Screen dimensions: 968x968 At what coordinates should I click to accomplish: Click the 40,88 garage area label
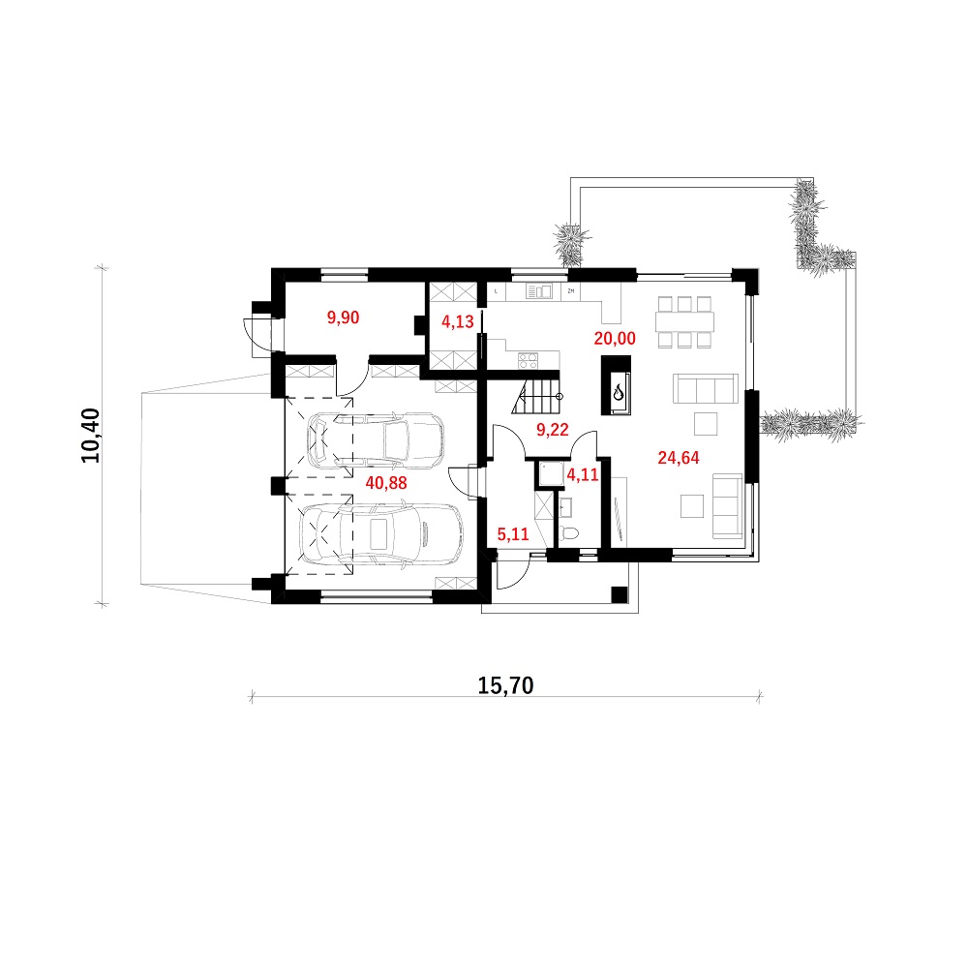tap(386, 483)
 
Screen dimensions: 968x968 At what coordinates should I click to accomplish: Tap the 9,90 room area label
tap(343, 318)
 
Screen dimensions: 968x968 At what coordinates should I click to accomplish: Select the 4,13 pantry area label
tap(458, 321)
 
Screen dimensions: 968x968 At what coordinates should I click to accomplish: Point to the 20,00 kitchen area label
tap(615, 338)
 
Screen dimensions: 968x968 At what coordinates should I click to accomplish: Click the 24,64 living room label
tap(679, 458)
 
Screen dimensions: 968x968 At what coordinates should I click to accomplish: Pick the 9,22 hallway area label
tap(552, 429)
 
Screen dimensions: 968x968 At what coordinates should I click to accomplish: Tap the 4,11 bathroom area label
tap(582, 474)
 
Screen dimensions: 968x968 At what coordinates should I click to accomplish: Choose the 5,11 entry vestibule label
tap(513, 534)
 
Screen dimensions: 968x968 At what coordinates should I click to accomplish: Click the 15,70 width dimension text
tap(505, 685)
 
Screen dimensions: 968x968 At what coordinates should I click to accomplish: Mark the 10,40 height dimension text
tap(90, 436)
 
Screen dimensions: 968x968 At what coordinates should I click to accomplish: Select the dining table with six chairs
tap(684, 322)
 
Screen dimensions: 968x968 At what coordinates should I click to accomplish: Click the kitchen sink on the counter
tap(539, 291)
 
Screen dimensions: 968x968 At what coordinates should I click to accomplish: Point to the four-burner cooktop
tap(528, 360)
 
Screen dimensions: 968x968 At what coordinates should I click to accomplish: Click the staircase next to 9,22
tap(537, 396)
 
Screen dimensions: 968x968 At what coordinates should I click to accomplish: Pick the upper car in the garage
tap(376, 439)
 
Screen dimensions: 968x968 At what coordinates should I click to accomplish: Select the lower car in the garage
tap(380, 534)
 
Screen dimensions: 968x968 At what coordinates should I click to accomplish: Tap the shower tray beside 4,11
tap(552, 473)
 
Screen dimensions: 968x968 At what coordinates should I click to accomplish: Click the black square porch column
tap(619, 594)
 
